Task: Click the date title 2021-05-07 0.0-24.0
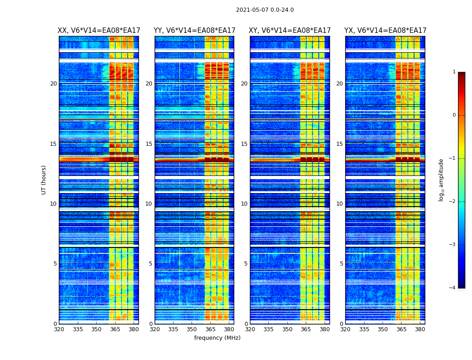point(265,10)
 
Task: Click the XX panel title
point(99,31)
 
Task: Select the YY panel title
point(194,31)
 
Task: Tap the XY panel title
point(290,31)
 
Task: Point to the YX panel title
point(385,31)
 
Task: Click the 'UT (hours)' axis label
point(44,180)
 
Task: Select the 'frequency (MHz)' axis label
point(217,338)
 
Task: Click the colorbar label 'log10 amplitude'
point(441,180)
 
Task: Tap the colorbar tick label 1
point(454,72)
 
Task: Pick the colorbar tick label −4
point(453,288)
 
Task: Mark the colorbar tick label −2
point(453,202)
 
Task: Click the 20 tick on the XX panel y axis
point(53,84)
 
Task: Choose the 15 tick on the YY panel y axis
point(149,144)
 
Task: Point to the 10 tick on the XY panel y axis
point(244,204)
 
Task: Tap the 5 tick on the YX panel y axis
point(341,264)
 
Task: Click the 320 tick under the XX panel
point(59,329)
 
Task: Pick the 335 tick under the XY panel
point(268,329)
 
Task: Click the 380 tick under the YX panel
point(420,329)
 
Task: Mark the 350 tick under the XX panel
point(96,329)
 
